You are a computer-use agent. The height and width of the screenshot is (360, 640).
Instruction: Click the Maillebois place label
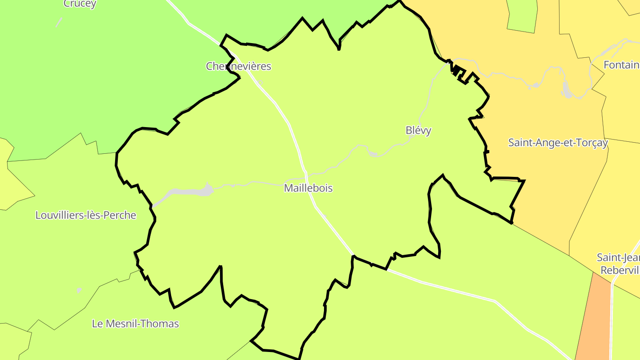pos(308,188)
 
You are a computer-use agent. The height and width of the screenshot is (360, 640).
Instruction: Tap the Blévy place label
pos(418,130)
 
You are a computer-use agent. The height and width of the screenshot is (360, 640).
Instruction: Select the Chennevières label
pos(238,66)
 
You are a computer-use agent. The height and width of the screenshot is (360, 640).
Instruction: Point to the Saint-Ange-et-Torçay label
pos(558,143)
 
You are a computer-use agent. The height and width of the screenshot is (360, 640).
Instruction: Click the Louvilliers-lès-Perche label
pos(85,215)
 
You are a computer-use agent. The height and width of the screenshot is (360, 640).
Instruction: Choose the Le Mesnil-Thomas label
pos(135,324)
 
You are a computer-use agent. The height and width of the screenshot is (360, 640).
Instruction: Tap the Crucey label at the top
pos(80,4)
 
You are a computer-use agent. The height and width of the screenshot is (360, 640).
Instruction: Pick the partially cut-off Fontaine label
pos(621,65)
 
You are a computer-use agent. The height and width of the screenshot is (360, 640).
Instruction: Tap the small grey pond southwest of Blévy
pos(372,154)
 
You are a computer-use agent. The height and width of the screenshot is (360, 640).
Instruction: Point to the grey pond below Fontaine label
pos(567,91)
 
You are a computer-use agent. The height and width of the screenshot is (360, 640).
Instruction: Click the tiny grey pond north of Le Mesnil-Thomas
pos(79,290)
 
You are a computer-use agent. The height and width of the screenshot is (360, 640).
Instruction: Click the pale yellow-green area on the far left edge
pos(9,178)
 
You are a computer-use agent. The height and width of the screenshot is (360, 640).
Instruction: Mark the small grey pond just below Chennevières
pos(260,82)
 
